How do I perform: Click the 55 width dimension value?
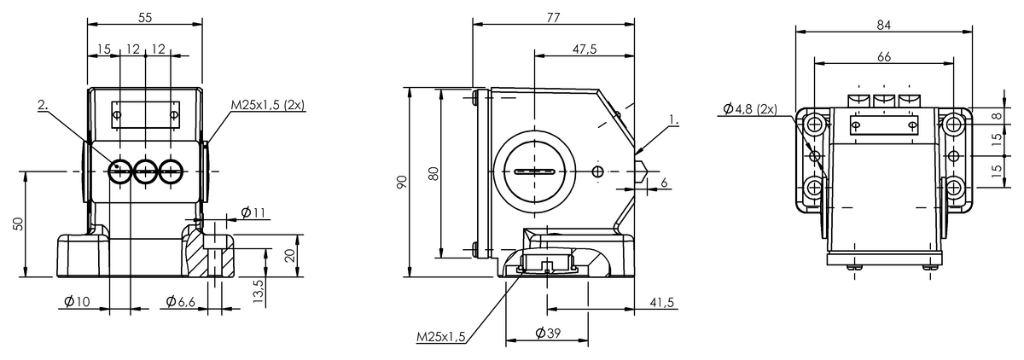click(x=145, y=17)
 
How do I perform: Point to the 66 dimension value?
click(x=883, y=56)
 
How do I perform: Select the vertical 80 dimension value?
click(x=433, y=174)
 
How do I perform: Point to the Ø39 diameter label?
click(x=548, y=334)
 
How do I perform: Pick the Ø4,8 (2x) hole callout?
click(x=748, y=108)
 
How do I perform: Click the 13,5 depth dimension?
click(x=259, y=288)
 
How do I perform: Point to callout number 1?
click(x=675, y=121)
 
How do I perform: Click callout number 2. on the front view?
click(x=44, y=105)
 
